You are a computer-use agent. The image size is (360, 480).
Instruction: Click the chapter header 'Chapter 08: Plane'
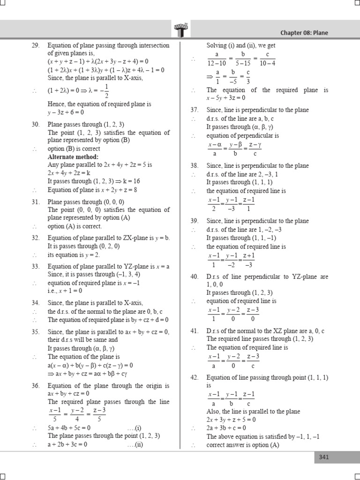coord(311,33)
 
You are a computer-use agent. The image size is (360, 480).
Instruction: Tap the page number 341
coord(324,457)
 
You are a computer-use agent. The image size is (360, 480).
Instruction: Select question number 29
coord(36,45)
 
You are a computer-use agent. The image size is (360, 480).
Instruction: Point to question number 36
coord(36,386)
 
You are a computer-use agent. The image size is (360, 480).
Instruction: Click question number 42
coord(195,378)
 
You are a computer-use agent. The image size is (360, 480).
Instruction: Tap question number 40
coord(195,277)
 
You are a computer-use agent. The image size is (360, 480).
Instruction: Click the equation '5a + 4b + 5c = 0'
coord(69,428)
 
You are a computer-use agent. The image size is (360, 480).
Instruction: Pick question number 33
coord(36,266)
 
